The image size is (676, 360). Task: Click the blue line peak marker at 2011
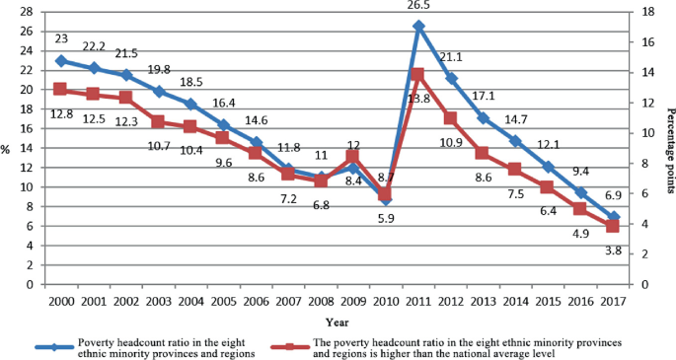pos(418,26)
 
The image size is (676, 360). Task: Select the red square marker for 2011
pos(418,74)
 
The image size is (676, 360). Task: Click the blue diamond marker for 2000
pos(61,60)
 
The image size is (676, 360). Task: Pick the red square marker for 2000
pos(61,89)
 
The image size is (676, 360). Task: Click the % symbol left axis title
pos(6,148)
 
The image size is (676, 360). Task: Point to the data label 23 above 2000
pos(61,40)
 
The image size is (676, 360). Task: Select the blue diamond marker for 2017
pos(613,217)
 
